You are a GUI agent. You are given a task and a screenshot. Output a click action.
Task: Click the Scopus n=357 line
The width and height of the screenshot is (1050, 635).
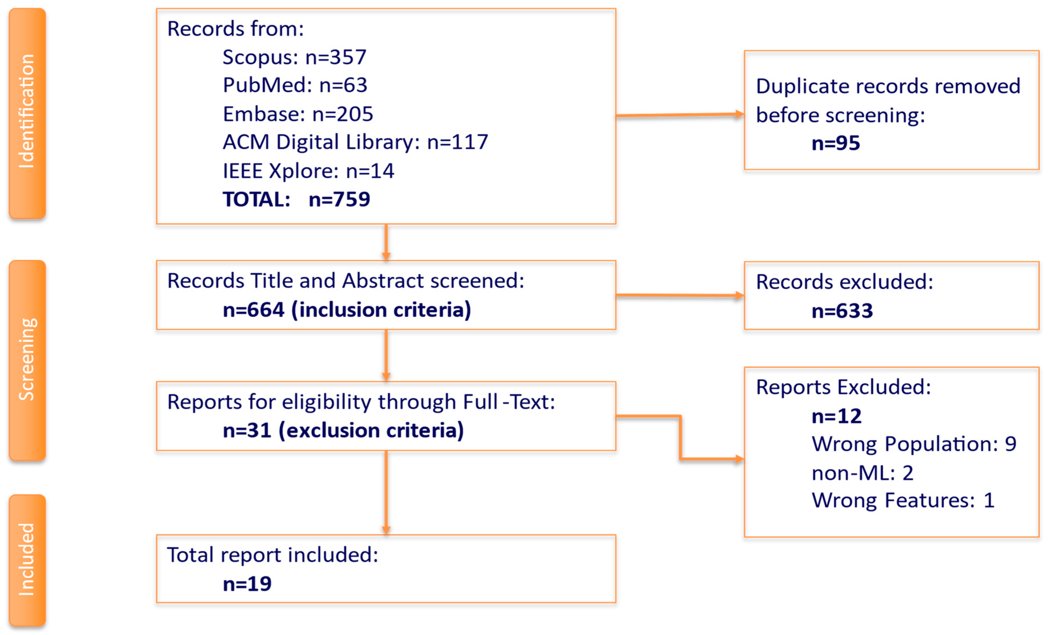[294, 57]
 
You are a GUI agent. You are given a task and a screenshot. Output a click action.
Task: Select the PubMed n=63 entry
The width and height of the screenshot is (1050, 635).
[295, 85]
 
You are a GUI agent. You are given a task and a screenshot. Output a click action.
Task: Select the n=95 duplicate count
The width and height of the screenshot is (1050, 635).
[835, 143]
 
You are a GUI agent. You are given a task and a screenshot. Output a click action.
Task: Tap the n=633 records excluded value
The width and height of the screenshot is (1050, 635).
[842, 311]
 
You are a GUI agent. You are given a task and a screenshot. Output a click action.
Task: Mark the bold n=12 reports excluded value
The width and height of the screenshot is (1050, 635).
[836, 416]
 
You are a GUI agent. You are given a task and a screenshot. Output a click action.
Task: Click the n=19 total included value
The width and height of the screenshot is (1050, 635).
[247, 584]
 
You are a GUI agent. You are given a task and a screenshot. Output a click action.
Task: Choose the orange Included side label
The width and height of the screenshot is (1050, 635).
[27, 560]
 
